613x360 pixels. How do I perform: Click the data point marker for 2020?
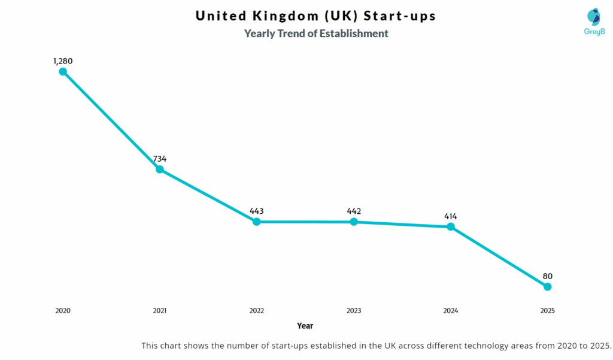pos(63,72)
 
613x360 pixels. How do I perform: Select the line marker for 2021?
pos(160,170)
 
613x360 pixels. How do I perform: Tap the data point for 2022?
pos(257,222)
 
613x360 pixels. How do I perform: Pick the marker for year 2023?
pos(354,222)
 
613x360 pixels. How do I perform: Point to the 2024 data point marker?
pos(451,227)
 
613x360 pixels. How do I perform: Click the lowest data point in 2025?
pos(548,287)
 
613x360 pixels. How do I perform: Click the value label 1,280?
pos(63,61)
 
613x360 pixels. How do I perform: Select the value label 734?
pos(160,159)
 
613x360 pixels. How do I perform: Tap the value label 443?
pos(257,211)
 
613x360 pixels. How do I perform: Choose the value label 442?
pos(354,211)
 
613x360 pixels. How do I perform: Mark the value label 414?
pos(451,216)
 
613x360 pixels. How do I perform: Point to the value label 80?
pos(548,276)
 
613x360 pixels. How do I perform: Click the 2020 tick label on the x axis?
pos(63,311)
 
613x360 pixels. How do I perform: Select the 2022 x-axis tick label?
pos(257,311)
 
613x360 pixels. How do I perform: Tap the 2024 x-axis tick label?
pos(451,311)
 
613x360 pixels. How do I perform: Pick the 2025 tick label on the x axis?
pos(548,311)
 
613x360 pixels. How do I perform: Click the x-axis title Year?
pos(305,326)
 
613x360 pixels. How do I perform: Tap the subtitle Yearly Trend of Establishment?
pos(316,34)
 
